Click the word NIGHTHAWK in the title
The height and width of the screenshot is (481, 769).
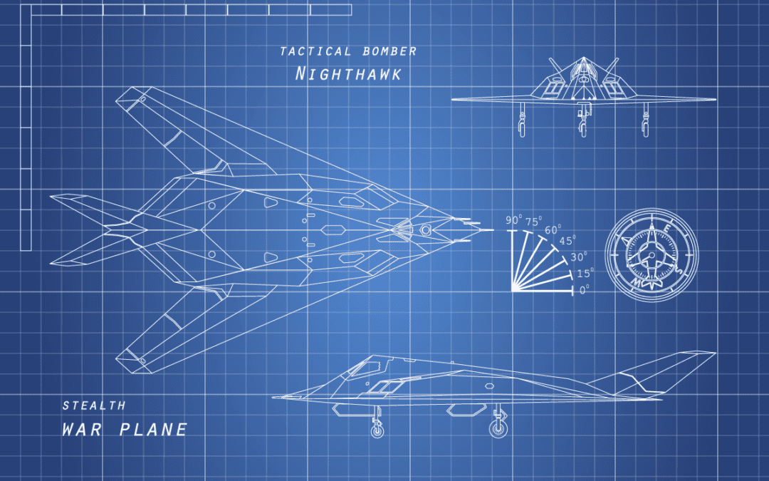click(348, 74)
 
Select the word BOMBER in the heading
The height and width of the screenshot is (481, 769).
click(390, 51)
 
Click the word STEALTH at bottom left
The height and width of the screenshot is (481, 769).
click(94, 405)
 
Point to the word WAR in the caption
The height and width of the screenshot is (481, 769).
click(82, 430)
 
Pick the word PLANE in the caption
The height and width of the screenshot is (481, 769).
click(154, 430)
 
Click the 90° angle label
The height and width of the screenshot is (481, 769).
click(514, 220)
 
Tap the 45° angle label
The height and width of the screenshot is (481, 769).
click(568, 241)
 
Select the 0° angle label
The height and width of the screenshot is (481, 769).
click(585, 290)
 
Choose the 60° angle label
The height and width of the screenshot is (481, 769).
click(553, 229)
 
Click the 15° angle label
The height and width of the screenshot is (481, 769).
click(585, 274)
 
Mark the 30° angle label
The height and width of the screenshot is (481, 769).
click(579, 258)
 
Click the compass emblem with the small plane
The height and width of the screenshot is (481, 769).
click(652, 254)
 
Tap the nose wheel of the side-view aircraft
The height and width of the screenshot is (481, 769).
click(377, 431)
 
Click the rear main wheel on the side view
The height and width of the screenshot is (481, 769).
click(498, 428)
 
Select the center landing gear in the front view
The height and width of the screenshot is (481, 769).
click(583, 120)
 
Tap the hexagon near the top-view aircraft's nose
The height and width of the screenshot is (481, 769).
click(425, 229)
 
